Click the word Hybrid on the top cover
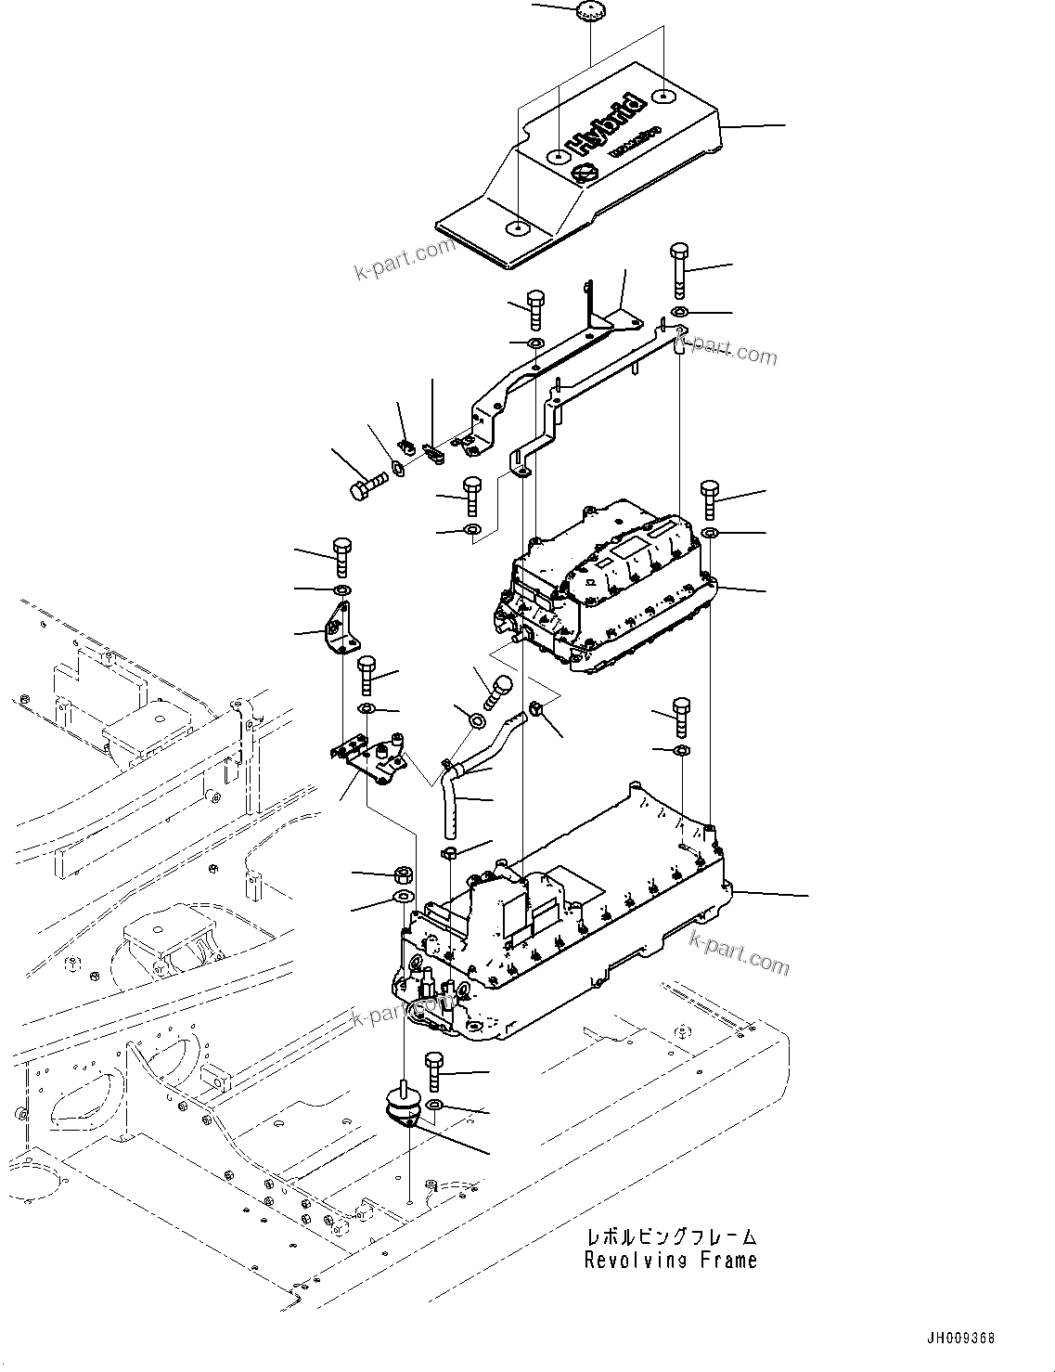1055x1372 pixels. [606, 123]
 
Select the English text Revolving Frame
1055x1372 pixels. [670, 1261]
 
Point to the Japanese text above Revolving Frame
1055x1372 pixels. [670, 1237]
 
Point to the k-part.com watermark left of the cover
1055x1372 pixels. [405, 261]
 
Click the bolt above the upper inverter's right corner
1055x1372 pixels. [710, 499]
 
